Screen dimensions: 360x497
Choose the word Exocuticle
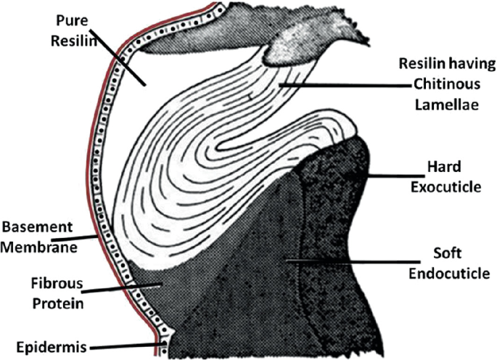(451, 187)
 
